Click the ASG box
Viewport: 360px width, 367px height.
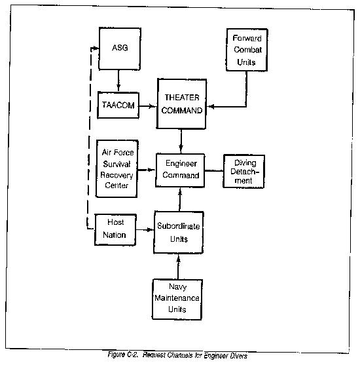point(120,48)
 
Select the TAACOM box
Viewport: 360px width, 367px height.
point(118,106)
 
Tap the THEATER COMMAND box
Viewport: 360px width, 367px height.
point(182,104)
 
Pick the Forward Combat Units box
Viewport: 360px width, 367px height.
point(247,50)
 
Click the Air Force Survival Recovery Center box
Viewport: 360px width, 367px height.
point(117,169)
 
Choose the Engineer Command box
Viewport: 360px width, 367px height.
point(180,170)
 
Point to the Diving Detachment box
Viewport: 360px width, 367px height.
point(243,171)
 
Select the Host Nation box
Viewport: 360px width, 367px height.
point(115,229)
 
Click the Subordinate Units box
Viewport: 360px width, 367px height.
point(179,233)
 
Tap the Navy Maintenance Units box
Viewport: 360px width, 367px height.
point(177,299)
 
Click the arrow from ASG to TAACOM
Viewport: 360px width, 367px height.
point(118,81)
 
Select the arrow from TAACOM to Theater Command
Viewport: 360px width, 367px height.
point(148,106)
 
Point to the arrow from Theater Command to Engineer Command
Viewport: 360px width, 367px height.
point(181,142)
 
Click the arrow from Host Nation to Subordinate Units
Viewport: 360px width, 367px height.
point(145,230)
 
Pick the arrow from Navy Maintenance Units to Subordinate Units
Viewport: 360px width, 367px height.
point(178,266)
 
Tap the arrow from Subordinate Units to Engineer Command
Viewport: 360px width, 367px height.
point(180,199)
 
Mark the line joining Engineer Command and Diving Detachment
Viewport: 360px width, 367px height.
point(214,171)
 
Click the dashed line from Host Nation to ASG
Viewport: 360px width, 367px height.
point(89,138)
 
